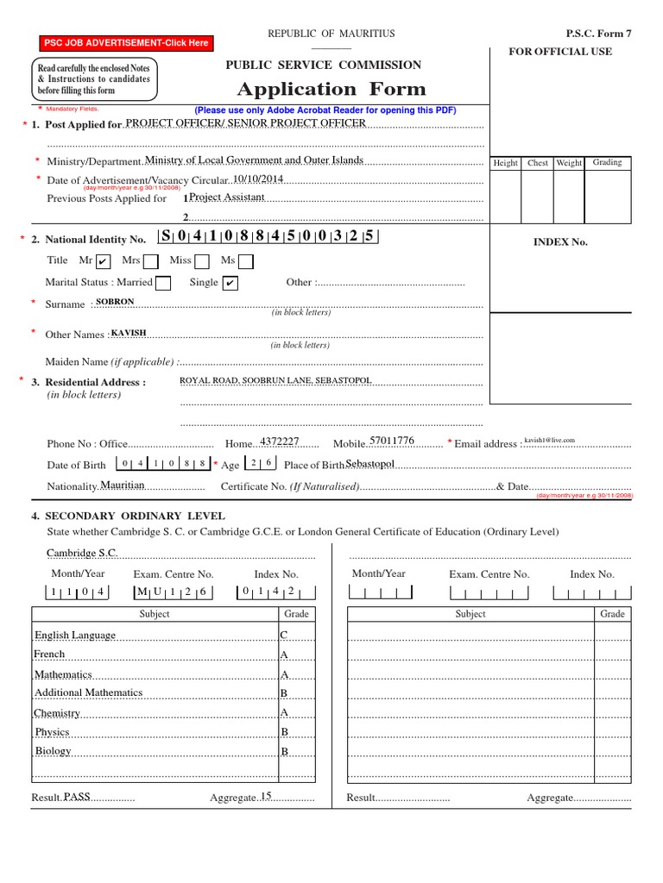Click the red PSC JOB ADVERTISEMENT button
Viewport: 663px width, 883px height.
[x=126, y=42]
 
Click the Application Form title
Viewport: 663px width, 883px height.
[x=331, y=90]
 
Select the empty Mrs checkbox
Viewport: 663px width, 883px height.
[x=150, y=261]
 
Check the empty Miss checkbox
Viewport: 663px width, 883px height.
[x=202, y=261]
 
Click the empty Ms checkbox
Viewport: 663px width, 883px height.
[x=246, y=261]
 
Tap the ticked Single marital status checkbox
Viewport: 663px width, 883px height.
[x=230, y=283]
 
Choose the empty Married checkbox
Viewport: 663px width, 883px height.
[x=163, y=283]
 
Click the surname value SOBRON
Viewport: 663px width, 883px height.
[x=116, y=302]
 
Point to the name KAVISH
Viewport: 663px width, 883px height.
[x=129, y=333]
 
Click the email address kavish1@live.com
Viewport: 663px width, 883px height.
[x=549, y=441]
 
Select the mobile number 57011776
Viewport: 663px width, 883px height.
[x=391, y=441]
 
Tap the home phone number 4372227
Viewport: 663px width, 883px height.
[x=280, y=441]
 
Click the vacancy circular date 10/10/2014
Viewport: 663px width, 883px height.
[x=257, y=178]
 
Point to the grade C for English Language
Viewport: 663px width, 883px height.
[x=283, y=636]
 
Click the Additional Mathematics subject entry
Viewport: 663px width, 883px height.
[x=88, y=692]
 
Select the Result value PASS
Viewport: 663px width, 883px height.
[x=77, y=798]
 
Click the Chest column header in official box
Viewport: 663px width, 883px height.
[x=538, y=163]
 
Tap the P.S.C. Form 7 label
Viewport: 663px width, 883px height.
[x=598, y=34]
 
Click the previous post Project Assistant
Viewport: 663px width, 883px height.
[x=227, y=197]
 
